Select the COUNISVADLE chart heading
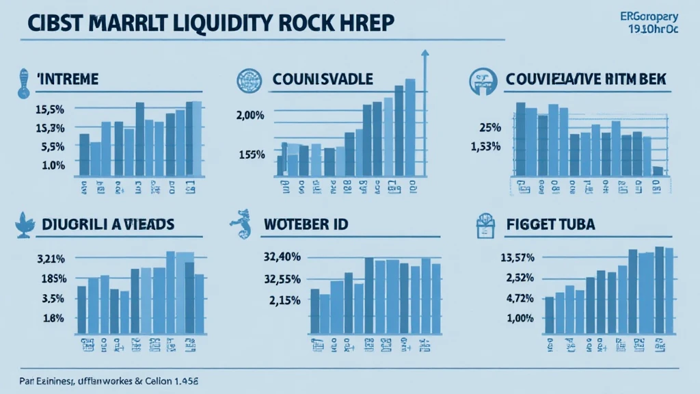point(322,80)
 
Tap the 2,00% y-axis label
point(250,115)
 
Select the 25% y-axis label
point(490,127)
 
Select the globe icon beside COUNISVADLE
point(245,80)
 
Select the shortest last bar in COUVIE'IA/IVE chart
point(658,170)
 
